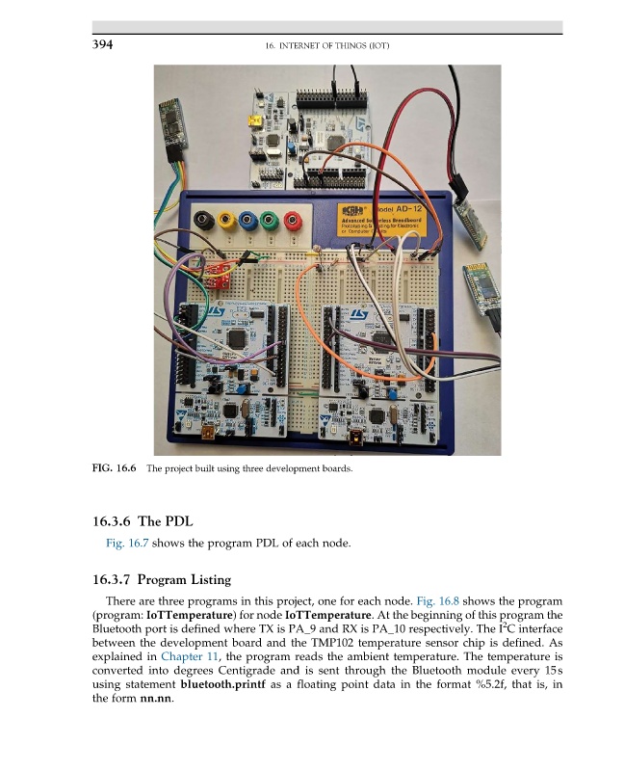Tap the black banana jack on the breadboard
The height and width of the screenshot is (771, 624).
tap(202, 220)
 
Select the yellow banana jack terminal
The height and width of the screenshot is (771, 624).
tap(226, 220)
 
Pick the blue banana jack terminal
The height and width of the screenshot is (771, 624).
tap(250, 220)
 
